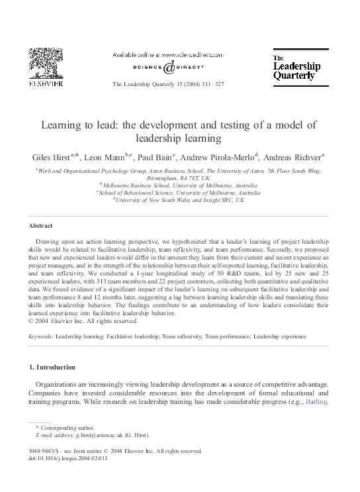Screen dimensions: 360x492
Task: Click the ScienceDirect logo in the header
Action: coord(168,67)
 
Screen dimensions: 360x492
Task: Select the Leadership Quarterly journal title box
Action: coord(296,68)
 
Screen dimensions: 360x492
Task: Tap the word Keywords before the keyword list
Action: coord(40,336)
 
